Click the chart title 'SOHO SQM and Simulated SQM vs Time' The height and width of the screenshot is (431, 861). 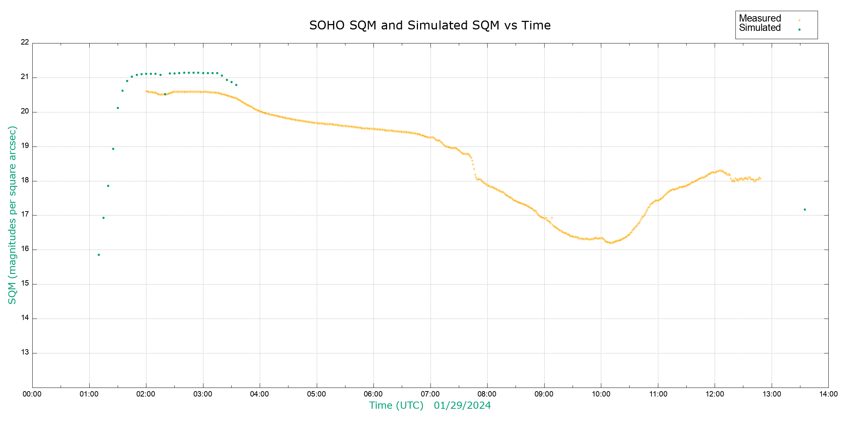(x=430, y=26)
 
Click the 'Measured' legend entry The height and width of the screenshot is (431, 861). (x=760, y=18)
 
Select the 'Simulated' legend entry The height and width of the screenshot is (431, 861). (x=760, y=28)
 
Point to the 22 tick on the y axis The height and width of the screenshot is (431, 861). (x=25, y=42)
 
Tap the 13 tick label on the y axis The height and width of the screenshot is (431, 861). (x=25, y=352)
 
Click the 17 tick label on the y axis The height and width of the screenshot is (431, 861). (x=25, y=214)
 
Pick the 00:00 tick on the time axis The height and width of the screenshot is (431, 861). (x=32, y=394)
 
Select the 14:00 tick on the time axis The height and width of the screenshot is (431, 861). (x=828, y=394)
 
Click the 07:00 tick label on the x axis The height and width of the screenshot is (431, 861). (x=430, y=394)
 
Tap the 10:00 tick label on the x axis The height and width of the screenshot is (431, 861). (x=601, y=394)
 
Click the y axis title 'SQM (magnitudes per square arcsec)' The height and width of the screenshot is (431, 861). (x=12, y=215)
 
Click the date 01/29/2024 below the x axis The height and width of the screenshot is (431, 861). (x=462, y=405)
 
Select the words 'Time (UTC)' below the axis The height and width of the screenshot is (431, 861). (x=396, y=405)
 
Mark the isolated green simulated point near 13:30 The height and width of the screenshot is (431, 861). (x=805, y=209)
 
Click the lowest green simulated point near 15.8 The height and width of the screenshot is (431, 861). (x=99, y=255)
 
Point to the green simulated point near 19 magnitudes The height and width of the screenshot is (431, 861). (x=113, y=149)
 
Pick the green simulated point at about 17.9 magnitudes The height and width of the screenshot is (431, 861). (x=108, y=186)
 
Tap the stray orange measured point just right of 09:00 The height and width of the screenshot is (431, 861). (x=552, y=218)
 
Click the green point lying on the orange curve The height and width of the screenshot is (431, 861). (x=165, y=94)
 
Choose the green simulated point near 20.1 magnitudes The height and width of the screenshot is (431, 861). (x=118, y=108)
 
